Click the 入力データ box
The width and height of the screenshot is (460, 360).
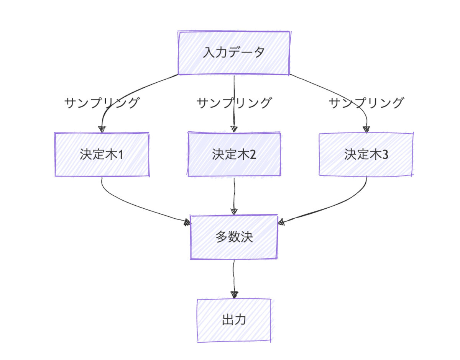click(234, 53)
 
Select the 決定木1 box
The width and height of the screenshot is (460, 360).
click(102, 154)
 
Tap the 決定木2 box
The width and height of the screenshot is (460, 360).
click(234, 154)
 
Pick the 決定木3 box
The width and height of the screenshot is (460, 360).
click(366, 154)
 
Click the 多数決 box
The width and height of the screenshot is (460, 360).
click(234, 237)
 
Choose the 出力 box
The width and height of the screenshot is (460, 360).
click(234, 320)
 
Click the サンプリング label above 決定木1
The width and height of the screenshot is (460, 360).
click(102, 103)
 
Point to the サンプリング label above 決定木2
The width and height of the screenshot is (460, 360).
click(234, 103)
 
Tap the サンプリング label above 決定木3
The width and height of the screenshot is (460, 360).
click(366, 103)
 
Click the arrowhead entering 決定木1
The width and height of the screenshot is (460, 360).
click(102, 129)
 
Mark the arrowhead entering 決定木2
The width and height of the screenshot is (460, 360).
click(234, 129)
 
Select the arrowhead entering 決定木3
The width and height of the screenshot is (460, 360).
click(366, 129)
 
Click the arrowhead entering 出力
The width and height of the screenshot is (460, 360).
click(234, 295)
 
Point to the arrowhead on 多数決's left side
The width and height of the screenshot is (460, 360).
click(187, 222)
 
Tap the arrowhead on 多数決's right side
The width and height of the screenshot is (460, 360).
click(281, 222)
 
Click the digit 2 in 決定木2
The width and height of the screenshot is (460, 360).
click(253, 154)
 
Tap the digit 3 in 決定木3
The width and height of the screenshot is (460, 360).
click(385, 154)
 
